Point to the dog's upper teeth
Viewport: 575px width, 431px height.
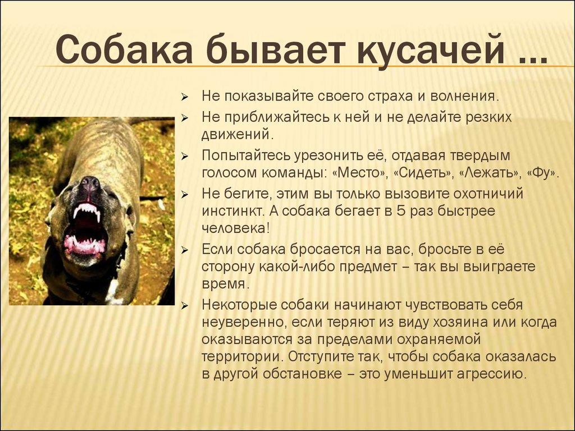87,211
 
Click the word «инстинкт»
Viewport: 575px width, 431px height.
231,212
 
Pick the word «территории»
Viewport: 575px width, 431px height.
241,356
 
